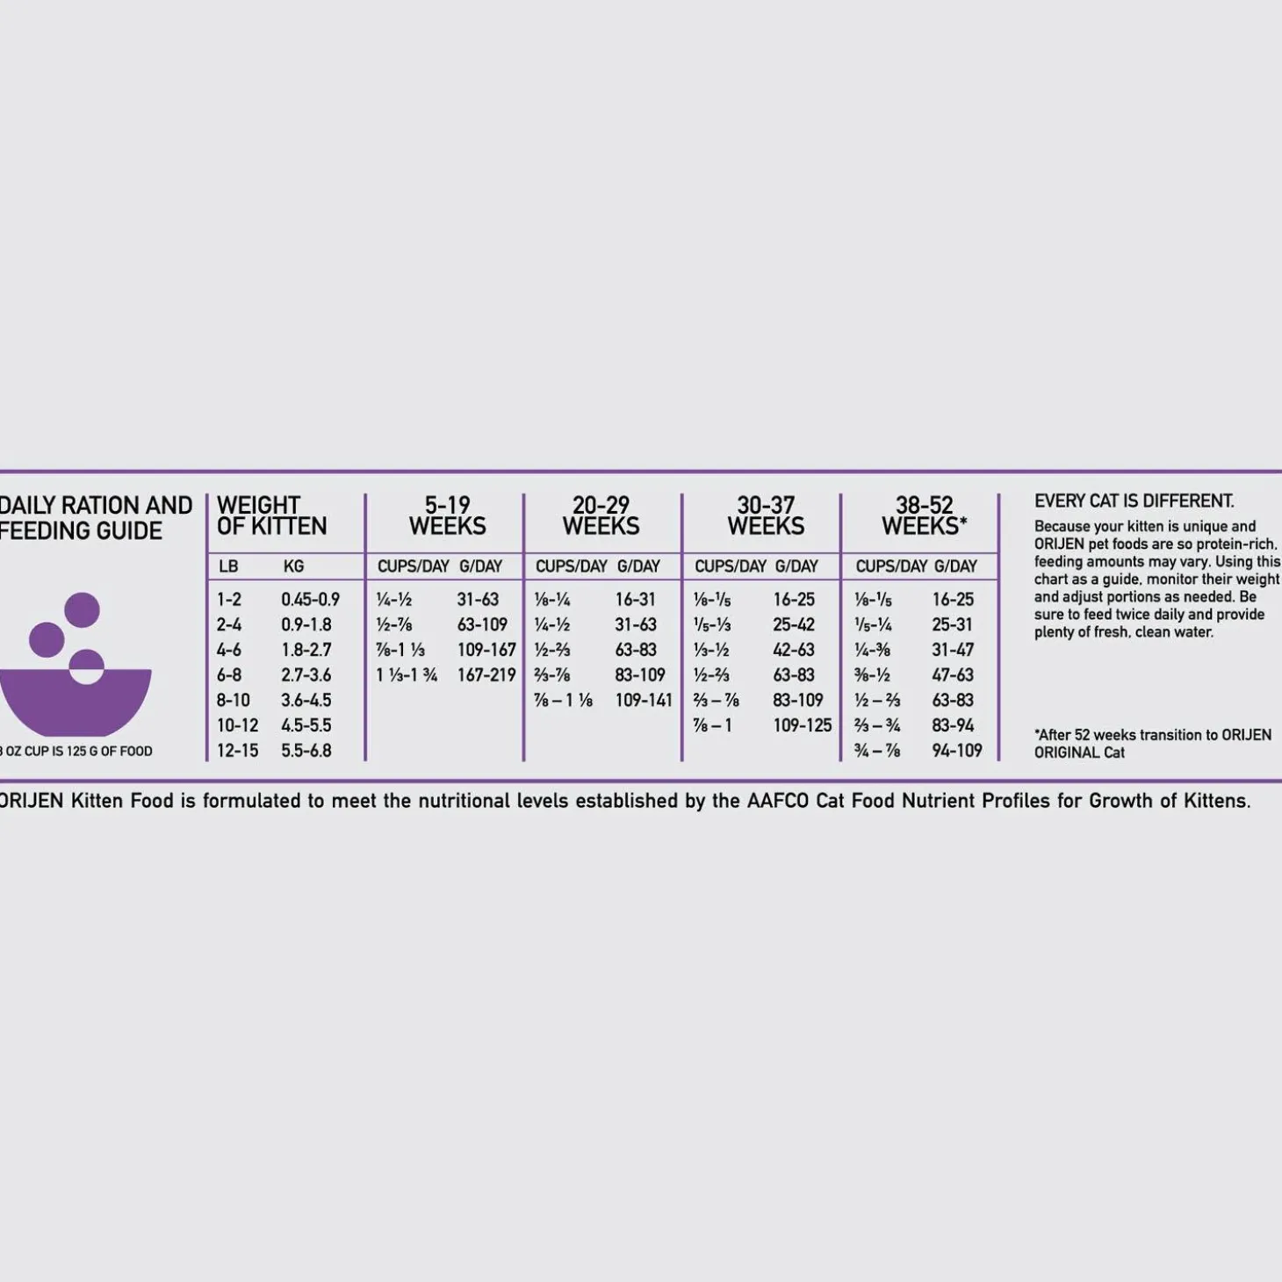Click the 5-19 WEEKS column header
[x=447, y=516]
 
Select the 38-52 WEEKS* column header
[x=924, y=516]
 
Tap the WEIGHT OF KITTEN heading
[x=271, y=516]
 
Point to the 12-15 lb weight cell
[x=237, y=751]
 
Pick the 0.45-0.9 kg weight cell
[x=310, y=600]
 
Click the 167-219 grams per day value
[x=486, y=675]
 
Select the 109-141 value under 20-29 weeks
[x=643, y=701]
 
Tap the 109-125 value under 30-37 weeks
[x=802, y=725]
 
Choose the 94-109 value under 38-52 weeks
[x=956, y=751]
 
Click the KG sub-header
[x=293, y=567]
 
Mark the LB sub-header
[x=228, y=567]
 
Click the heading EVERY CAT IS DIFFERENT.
[x=1134, y=501]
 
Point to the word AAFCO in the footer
[x=778, y=801]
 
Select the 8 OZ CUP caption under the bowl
[x=76, y=752]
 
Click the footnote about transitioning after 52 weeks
[x=1152, y=743]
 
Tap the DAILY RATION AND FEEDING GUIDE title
[x=94, y=518]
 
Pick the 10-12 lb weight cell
[x=237, y=725]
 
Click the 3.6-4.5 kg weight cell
[x=306, y=701]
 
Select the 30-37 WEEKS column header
[x=765, y=516]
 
